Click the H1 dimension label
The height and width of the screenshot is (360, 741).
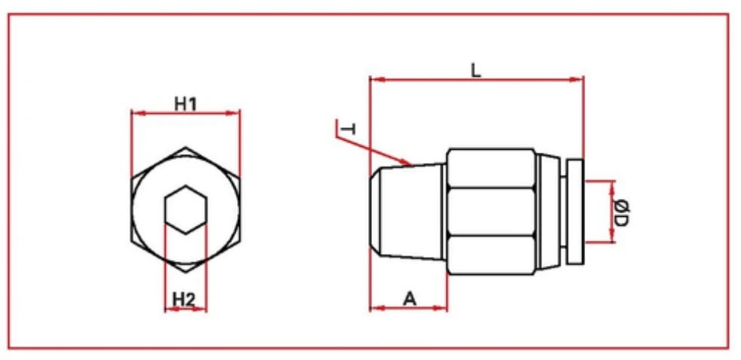(185, 103)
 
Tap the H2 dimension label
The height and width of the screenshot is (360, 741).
(184, 299)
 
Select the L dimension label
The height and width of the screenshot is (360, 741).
(476, 70)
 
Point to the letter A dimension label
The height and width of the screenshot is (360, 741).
(409, 298)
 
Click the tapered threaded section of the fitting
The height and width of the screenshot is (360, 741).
(410, 212)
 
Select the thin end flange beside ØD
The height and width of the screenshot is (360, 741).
(575, 212)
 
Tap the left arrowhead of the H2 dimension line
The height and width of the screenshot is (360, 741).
(168, 309)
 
